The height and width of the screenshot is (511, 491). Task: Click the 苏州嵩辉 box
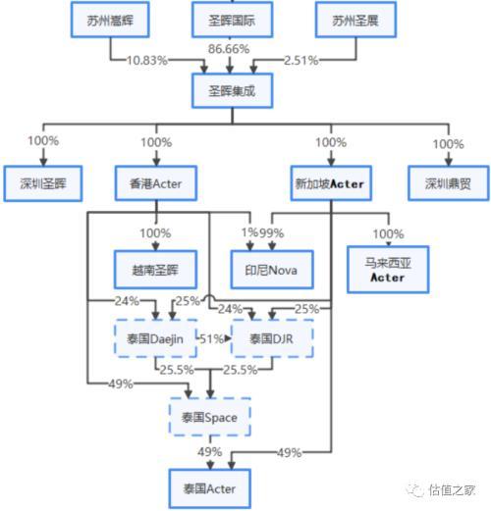pos(110,20)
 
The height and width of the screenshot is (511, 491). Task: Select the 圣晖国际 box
pos(232,20)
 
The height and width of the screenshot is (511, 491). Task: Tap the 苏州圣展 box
pos(355,20)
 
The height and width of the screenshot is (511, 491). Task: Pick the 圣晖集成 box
pos(232,90)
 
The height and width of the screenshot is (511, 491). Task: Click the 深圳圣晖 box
pos(43,183)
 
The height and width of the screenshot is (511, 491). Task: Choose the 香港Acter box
pos(156,183)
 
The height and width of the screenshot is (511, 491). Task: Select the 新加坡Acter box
pos(331,183)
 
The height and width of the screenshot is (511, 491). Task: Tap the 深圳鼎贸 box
pos(449,183)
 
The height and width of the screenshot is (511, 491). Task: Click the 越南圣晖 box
pos(155,270)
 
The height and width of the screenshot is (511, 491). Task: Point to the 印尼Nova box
pos(272,270)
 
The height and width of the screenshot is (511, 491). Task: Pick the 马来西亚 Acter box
pos(388,270)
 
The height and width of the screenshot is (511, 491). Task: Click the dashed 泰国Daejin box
pos(155,338)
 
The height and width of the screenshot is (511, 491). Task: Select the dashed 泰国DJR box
pos(272,338)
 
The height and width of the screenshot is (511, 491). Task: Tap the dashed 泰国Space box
pos(210,417)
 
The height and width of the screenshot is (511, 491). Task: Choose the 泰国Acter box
pos(210,488)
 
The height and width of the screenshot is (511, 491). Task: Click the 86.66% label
pos(229,49)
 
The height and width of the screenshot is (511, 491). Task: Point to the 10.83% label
pos(147,61)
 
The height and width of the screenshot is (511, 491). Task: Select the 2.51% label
pos(301,61)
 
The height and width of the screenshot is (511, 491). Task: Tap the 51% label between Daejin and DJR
pos(211,339)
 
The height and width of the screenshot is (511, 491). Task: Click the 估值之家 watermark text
pos(452,490)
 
